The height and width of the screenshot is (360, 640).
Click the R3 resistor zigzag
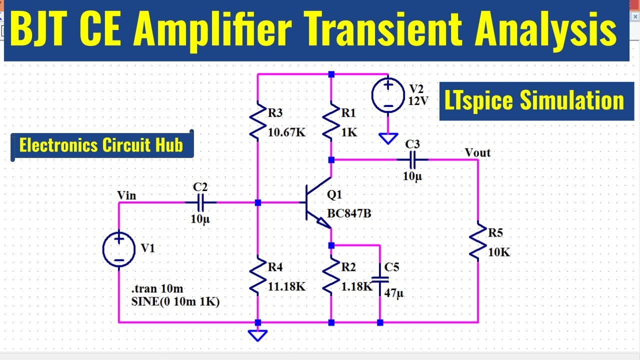257,121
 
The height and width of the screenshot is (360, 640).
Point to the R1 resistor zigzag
331,121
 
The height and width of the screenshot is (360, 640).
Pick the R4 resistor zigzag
257,275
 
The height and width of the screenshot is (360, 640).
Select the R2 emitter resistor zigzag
331,275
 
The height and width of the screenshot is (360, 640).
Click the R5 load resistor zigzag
478,241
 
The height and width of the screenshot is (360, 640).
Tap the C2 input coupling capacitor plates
200,203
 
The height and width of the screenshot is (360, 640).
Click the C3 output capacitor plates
412,160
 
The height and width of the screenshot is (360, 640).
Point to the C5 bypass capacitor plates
380,279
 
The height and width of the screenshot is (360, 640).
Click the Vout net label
477,152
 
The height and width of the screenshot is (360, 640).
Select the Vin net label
126,195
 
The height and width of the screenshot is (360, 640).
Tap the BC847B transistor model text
349,213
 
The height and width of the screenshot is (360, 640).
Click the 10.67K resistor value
287,132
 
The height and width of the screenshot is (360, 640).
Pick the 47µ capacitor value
393,293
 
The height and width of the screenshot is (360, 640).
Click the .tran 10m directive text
157,288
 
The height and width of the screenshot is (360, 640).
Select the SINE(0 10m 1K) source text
175,301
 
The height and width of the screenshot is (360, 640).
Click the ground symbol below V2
388,138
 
